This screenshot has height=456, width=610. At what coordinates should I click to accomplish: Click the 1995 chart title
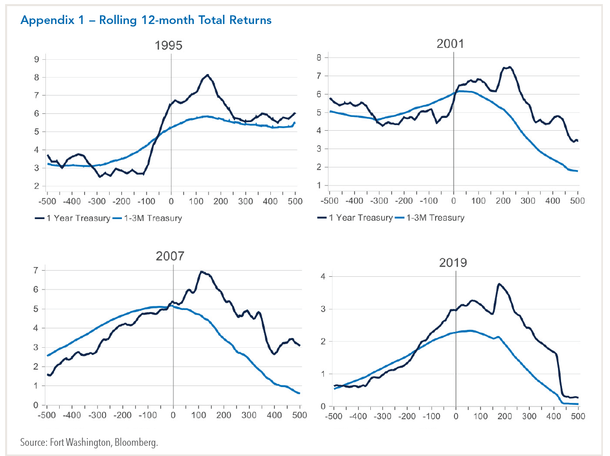[x=169, y=45]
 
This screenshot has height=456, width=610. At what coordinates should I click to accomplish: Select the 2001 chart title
[x=450, y=43]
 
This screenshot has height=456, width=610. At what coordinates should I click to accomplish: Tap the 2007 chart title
[x=170, y=256]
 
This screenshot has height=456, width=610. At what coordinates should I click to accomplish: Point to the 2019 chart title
[x=453, y=263]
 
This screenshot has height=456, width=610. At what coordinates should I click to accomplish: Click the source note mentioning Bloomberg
[x=89, y=442]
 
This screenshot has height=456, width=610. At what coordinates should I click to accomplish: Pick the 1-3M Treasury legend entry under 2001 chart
[x=429, y=218]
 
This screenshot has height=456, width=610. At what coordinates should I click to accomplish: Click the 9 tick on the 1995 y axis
[x=36, y=59]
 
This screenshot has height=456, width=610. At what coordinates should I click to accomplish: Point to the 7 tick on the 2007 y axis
[x=36, y=270]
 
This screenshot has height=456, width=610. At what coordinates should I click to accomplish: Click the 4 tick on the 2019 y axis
[x=323, y=276]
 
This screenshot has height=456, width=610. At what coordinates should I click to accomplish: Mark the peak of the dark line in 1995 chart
[x=208, y=75]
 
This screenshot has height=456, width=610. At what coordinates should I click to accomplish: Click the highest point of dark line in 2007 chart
[x=201, y=272]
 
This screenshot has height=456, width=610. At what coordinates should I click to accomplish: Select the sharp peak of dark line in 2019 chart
[x=498, y=284]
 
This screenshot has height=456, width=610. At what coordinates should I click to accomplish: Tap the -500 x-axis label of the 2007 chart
[x=46, y=415]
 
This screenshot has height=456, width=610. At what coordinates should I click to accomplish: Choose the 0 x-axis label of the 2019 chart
[x=455, y=416]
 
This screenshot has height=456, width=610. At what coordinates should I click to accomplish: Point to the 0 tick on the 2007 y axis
[x=36, y=405]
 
